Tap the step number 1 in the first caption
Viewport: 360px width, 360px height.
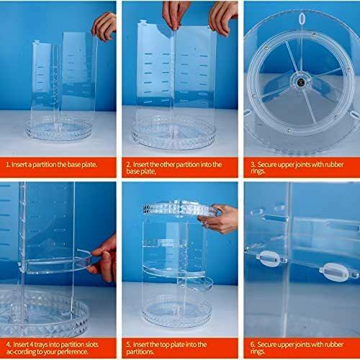(x=7, y=165)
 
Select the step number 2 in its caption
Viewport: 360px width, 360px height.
(x=129, y=165)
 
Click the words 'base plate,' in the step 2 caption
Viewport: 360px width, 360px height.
(x=141, y=171)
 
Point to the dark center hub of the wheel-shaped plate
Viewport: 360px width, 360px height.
(x=301, y=83)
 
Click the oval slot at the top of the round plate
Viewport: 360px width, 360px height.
(x=302, y=19)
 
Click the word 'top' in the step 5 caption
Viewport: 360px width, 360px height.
(x=165, y=345)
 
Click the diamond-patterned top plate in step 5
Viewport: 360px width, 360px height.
(x=179, y=208)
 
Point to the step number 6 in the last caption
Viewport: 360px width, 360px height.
(x=253, y=345)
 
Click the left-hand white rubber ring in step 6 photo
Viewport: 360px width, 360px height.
(x=269, y=258)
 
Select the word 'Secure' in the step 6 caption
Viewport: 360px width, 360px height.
(x=266, y=345)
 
